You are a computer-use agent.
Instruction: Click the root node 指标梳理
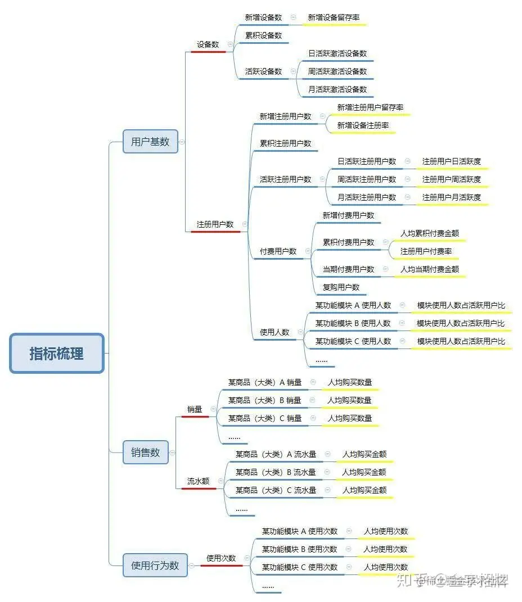[x=57, y=353]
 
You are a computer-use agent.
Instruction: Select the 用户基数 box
[x=150, y=142]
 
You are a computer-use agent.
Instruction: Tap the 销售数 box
[x=146, y=452]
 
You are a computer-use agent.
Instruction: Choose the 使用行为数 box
[x=155, y=565]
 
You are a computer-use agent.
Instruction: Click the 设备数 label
[x=208, y=44]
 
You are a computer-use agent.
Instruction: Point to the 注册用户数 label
[x=215, y=224]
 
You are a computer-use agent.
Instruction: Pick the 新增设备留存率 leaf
[x=334, y=17]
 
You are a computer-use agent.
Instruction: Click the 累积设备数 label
[x=263, y=35]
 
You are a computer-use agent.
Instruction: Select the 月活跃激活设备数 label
[x=337, y=89]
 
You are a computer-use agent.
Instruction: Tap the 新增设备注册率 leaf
[x=363, y=125]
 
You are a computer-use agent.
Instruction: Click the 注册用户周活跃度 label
[x=452, y=179]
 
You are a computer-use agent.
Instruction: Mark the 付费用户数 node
[x=278, y=251]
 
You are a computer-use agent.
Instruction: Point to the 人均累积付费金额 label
[x=430, y=233]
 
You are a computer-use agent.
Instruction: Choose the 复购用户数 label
[x=341, y=287]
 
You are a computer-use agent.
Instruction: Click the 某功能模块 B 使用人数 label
[x=353, y=323]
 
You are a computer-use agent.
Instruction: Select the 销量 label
[x=195, y=409]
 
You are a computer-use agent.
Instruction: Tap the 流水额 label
[x=199, y=481]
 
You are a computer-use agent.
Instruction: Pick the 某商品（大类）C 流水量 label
[x=276, y=490]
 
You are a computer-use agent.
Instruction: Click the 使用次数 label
[x=221, y=558]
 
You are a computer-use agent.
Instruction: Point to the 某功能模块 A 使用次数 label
[x=300, y=531]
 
